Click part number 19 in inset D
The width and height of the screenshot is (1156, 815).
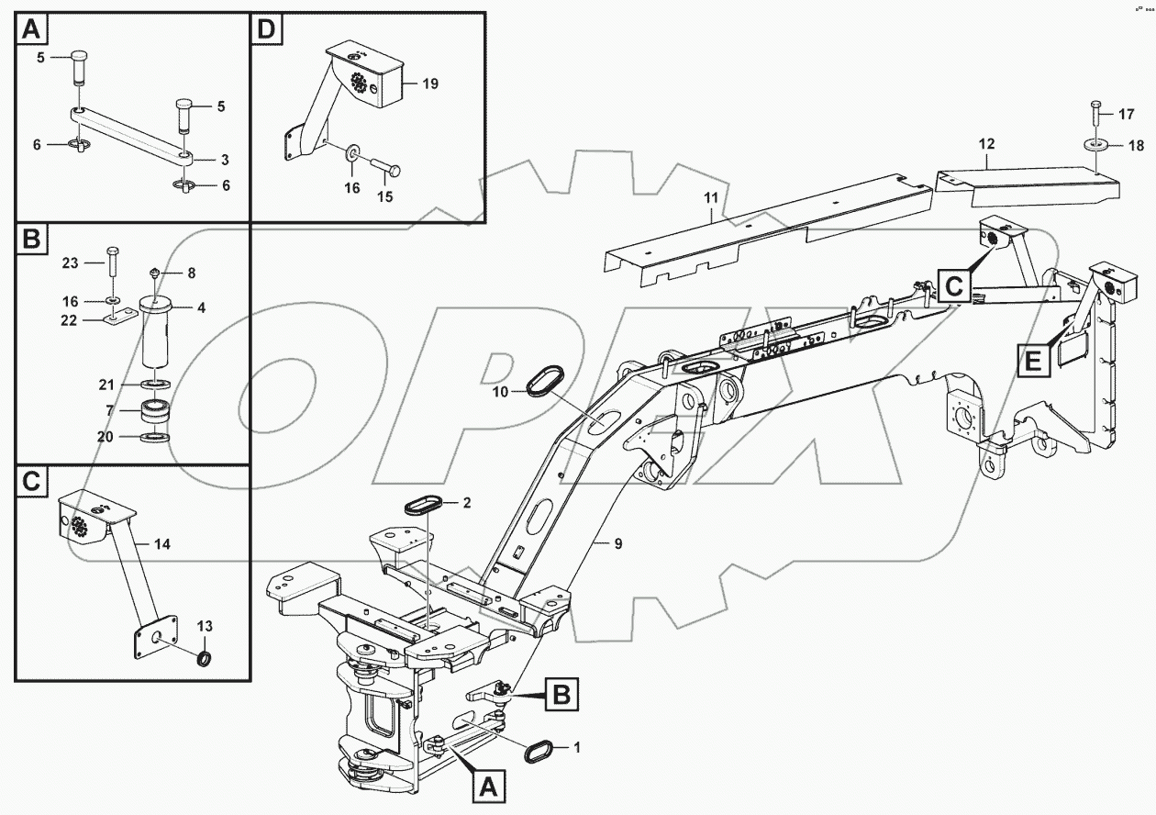point(430,84)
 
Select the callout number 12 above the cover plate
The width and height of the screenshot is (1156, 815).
point(986,144)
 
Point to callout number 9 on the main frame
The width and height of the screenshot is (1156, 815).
point(618,543)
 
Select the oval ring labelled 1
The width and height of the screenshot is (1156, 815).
point(539,749)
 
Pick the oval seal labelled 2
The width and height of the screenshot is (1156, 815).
point(424,505)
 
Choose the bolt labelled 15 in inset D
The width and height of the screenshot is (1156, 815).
point(386,172)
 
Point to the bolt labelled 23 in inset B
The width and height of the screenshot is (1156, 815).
point(112,262)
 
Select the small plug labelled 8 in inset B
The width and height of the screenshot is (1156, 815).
point(154,273)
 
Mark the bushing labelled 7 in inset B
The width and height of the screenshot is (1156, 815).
point(155,411)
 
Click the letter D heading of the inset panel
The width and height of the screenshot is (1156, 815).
point(266,30)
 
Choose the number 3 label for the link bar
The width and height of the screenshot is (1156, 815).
point(226,160)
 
